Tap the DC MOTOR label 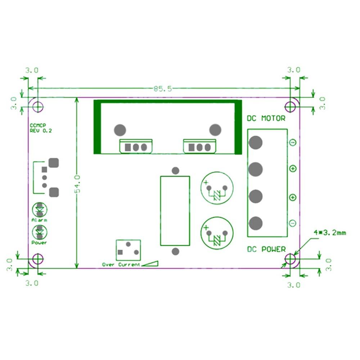point(266,118)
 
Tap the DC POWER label point(266,249)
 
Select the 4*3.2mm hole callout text point(329,233)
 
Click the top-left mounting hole point(37,106)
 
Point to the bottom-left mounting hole point(37,259)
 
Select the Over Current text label point(121,265)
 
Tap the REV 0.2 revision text point(41,131)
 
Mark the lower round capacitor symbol point(217,233)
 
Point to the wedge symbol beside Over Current point(150,264)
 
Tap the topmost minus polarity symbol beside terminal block point(293,143)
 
